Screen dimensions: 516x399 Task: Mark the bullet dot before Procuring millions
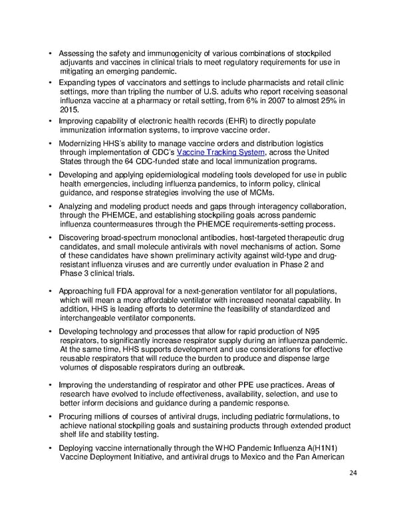[x=51, y=416]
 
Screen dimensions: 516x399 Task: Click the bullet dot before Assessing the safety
[x=51, y=54]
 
